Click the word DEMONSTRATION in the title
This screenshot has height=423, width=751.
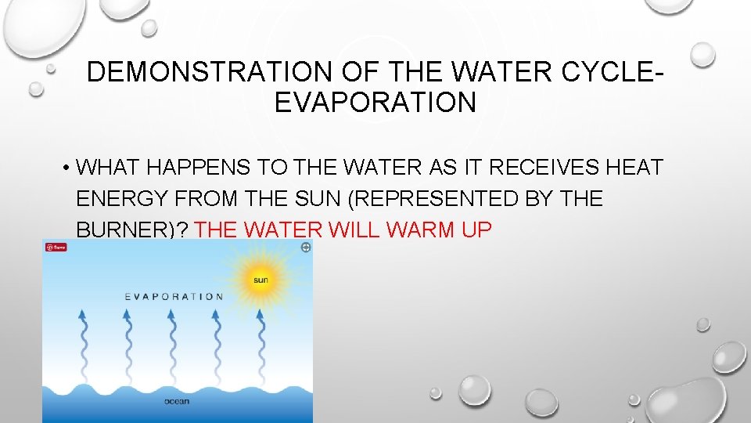tap(212, 72)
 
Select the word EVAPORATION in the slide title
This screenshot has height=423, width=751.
tap(375, 103)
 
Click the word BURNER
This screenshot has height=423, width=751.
tap(126, 230)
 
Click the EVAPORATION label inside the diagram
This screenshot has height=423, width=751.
tap(174, 297)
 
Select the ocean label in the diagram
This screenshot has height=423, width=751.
tap(176, 402)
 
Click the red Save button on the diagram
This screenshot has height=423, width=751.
tap(56, 248)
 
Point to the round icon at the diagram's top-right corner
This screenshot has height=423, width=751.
tap(305, 248)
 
